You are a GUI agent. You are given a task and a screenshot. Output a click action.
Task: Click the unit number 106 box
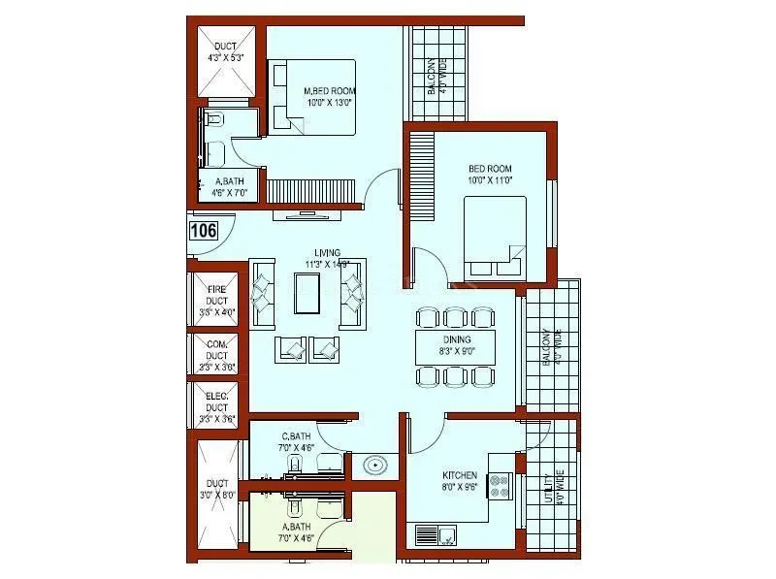(x=203, y=231)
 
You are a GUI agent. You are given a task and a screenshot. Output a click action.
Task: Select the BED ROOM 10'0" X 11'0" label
(x=489, y=175)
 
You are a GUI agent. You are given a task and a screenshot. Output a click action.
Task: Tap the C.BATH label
(x=296, y=442)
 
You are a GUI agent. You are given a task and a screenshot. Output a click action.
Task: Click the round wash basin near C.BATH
(x=374, y=466)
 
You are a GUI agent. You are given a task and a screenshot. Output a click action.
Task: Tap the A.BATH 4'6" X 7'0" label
(x=230, y=187)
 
